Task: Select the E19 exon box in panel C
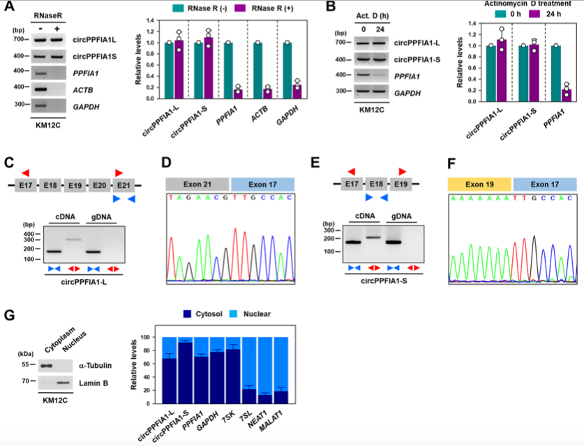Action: coord(75,186)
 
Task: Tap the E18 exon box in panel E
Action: coord(376,185)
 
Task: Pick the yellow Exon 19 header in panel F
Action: coord(479,183)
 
